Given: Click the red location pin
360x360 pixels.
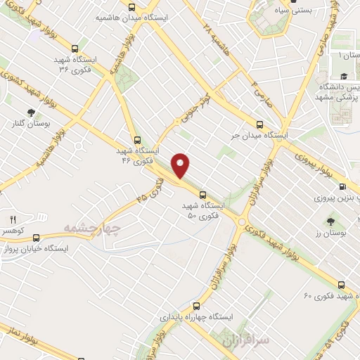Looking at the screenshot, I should [181, 165].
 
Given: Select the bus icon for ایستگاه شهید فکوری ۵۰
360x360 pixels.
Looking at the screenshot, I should [202, 193].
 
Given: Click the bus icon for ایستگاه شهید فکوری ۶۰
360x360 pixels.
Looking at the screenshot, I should [341, 285].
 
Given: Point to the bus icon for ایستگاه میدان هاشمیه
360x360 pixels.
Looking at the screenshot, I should [131, 7].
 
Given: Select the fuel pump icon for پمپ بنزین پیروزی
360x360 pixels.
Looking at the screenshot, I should [342, 186].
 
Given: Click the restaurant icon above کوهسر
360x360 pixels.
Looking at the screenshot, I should [13, 219].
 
